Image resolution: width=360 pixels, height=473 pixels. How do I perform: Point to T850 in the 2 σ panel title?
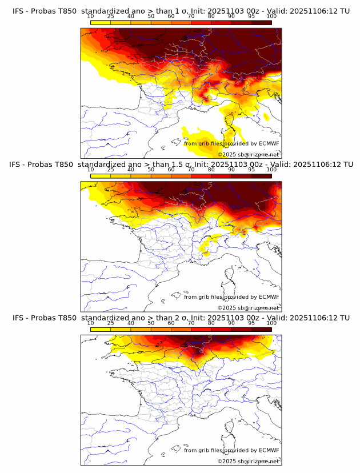click(x=66, y=318)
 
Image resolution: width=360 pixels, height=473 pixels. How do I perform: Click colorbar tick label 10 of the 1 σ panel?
click(x=91, y=17)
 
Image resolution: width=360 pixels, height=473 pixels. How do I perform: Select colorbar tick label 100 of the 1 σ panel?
click(x=271, y=17)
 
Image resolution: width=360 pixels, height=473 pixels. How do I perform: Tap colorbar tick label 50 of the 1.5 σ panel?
click(x=151, y=170)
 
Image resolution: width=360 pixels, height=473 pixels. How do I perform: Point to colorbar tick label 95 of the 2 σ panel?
click(x=251, y=323)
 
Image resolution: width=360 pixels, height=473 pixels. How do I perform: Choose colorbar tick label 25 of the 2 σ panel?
click(x=111, y=323)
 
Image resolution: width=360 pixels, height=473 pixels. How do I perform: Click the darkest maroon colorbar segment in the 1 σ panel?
click(x=261, y=22)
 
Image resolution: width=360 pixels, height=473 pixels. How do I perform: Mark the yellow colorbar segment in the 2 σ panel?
click(x=101, y=328)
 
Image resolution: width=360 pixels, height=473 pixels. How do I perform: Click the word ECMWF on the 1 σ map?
click(x=269, y=143)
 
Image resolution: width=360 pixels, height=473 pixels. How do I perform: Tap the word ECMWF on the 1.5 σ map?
click(x=269, y=296)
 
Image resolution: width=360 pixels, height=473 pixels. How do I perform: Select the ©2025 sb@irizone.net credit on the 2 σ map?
click(x=248, y=461)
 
